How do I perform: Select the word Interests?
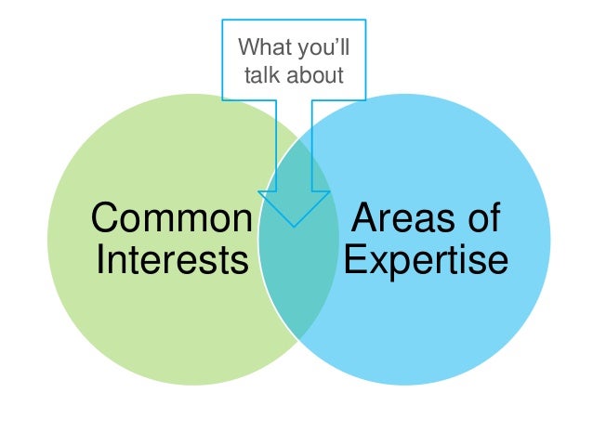pyautogui.click(x=172, y=260)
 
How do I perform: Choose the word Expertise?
pyautogui.click(x=426, y=260)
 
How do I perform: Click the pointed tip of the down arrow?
pyautogui.click(x=294, y=226)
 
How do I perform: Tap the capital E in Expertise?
pyautogui.click(x=354, y=260)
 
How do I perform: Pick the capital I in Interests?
pyautogui.click(x=99, y=260)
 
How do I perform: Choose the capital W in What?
pyautogui.click(x=247, y=46)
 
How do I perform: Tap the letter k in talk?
pyautogui.click(x=273, y=73)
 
